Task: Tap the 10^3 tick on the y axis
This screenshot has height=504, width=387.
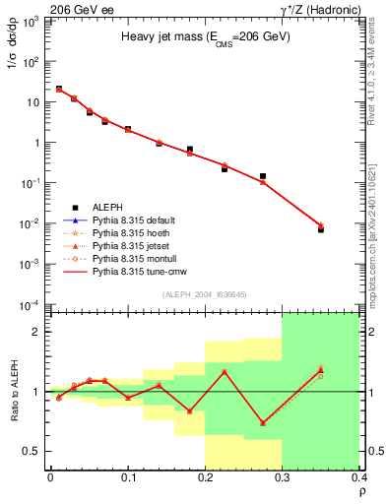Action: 34,21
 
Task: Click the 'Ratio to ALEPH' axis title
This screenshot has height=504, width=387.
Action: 15,391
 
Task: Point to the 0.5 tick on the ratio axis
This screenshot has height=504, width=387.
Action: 34,451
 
